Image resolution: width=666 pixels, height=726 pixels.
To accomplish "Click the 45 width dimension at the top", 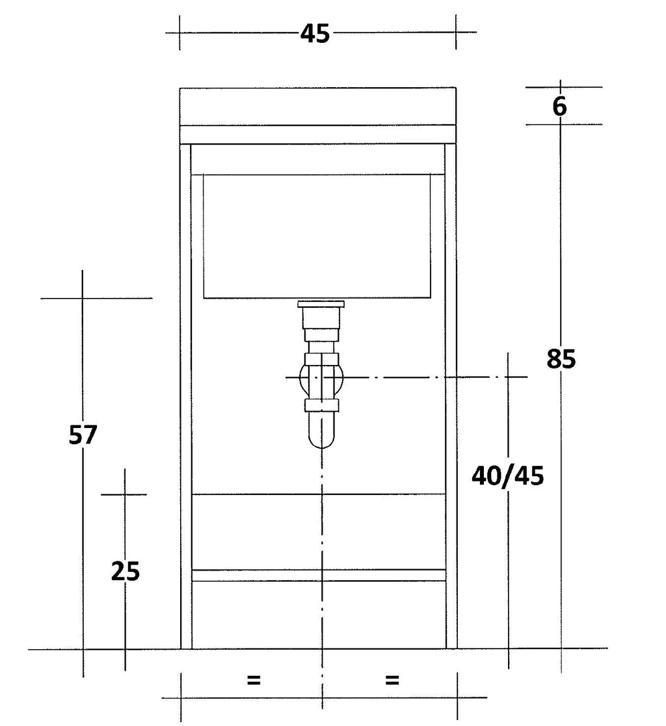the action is (315, 34).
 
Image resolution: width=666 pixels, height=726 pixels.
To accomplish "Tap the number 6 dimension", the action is (559, 107).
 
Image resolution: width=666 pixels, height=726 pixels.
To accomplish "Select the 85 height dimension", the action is (561, 359).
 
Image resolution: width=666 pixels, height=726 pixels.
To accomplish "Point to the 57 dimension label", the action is (83, 435).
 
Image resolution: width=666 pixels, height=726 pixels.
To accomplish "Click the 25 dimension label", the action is (126, 571).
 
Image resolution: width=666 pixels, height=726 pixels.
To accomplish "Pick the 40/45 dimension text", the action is (508, 476).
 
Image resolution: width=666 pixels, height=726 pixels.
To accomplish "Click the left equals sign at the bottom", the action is (254, 680).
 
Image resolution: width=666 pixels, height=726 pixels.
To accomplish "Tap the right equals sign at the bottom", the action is (392, 680).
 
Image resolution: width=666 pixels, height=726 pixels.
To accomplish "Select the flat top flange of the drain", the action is (321, 304).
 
